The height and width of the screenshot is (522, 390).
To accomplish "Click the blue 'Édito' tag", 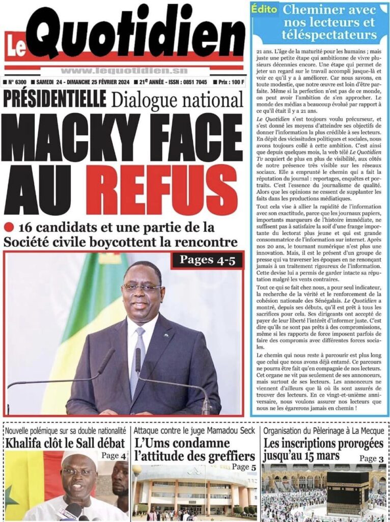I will (x=264, y=9).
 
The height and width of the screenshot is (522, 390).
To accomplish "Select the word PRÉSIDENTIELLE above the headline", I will (x=54, y=99).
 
